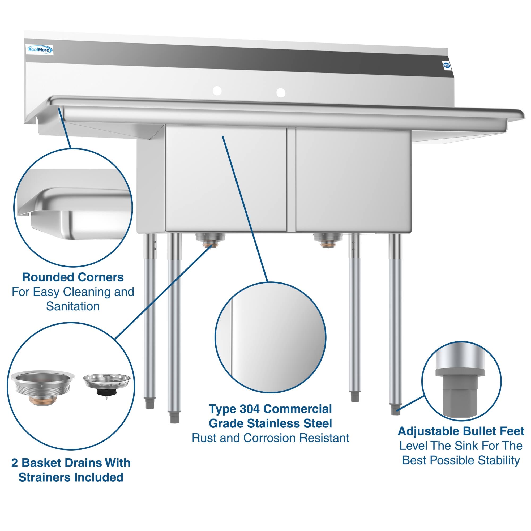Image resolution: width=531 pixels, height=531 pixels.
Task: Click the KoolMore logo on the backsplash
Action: point(39,50)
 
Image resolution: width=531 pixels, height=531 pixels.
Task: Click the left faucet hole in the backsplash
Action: point(217,91)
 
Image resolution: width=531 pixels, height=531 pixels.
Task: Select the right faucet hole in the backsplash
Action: point(281,93)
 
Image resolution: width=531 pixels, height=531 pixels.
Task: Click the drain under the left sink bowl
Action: point(211,239)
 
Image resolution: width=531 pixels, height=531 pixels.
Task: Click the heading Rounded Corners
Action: point(73,277)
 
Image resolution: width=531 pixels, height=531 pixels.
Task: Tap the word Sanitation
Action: point(73,306)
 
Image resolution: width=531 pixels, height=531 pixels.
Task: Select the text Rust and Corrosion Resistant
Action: point(271,438)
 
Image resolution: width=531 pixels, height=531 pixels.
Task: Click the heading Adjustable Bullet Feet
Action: point(461,431)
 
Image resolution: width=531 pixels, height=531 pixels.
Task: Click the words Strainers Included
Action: point(71,477)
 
